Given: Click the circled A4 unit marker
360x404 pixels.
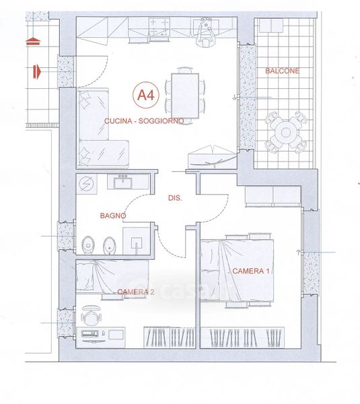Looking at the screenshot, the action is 146,95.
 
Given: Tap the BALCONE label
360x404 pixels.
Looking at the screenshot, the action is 282,71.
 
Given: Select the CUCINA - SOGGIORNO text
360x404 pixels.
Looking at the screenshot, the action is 144,121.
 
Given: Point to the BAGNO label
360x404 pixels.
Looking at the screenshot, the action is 113,215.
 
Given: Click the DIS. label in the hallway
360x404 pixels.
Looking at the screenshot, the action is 175,198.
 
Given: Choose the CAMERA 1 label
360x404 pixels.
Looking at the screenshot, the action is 251,271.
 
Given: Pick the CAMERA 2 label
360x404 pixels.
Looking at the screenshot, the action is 136,292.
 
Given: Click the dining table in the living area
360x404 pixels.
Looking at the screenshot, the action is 185,96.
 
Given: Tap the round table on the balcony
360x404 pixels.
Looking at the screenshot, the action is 285,133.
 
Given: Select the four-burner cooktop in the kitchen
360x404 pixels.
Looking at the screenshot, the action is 159,26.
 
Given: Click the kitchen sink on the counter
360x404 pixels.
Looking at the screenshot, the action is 206,26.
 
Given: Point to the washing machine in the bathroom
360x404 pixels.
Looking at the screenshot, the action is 87,184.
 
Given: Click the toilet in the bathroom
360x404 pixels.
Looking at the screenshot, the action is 88,245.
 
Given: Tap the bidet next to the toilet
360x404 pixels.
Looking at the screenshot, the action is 110,246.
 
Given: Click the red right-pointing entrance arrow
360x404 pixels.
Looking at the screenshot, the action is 37,71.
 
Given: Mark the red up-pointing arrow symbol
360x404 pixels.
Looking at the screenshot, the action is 33,42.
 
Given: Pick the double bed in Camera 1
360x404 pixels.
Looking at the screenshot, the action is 237,271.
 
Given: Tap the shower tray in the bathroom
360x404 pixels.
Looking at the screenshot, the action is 137,241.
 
